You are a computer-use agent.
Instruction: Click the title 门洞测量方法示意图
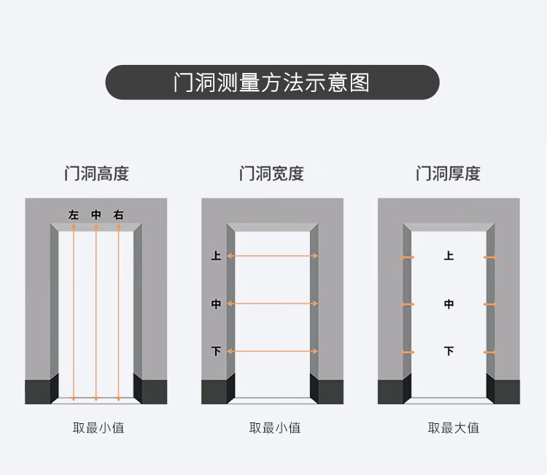(272, 82)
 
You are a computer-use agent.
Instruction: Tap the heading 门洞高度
(96, 174)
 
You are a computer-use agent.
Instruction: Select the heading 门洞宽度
(271, 174)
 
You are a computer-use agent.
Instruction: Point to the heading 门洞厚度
(448, 174)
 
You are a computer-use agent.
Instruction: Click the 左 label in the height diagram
(74, 215)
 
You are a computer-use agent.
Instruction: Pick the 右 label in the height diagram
(119, 215)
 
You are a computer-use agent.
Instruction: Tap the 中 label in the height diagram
(96, 215)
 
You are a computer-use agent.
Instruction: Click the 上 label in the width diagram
(216, 256)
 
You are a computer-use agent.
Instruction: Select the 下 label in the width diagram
(216, 352)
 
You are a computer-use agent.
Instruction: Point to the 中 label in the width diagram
(216, 304)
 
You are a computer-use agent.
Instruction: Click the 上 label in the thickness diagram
(449, 256)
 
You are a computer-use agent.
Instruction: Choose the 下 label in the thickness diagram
(449, 352)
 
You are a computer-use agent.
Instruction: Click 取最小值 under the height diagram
(98, 428)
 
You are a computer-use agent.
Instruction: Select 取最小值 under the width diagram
(275, 428)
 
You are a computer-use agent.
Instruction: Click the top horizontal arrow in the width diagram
(272, 256)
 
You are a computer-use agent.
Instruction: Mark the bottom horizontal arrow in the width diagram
(272, 352)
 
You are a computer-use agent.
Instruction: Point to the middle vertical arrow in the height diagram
(96, 314)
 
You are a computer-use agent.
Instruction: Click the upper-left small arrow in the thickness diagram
(407, 257)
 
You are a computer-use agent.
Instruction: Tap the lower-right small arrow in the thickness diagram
(490, 352)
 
